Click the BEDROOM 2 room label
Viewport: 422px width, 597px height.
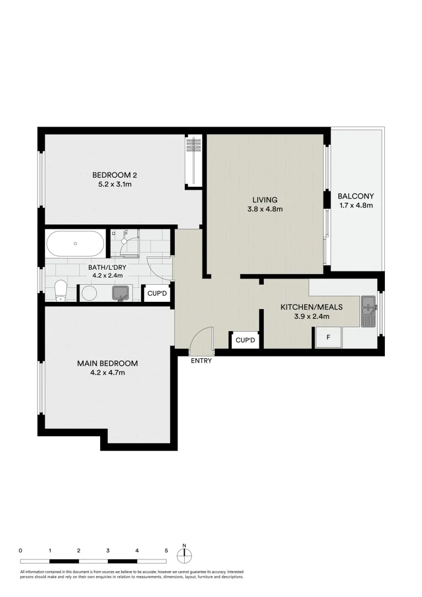coord(115,175)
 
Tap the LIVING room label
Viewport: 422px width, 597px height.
coord(265,200)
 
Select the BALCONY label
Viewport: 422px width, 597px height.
coord(356,196)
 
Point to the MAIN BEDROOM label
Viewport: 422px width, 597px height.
coord(107,363)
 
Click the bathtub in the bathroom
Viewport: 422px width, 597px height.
coord(75,243)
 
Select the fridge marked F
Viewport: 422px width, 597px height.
coord(328,337)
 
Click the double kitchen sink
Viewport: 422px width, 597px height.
coord(369,312)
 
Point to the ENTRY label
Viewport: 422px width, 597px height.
coord(201,361)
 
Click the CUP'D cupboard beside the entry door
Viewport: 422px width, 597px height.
coord(245,340)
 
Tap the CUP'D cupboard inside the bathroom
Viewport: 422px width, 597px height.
coord(157,293)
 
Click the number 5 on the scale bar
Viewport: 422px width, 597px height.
coord(166,551)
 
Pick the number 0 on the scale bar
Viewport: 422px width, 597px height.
coord(20,551)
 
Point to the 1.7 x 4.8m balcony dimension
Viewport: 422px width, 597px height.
coord(356,206)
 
